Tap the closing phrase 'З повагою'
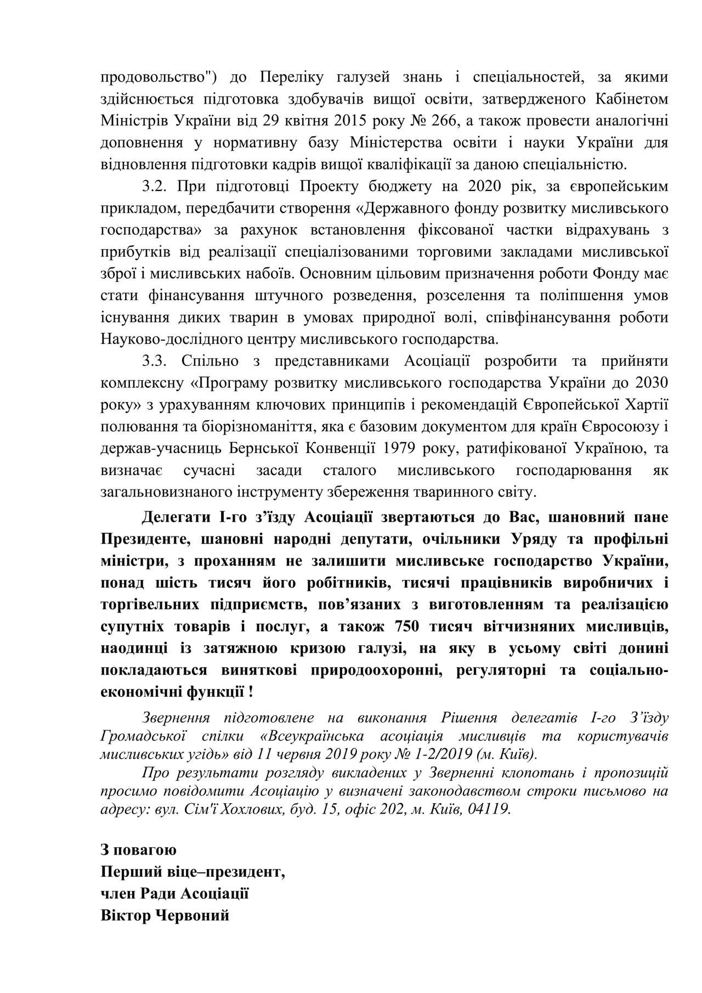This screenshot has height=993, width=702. pos(138,850)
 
